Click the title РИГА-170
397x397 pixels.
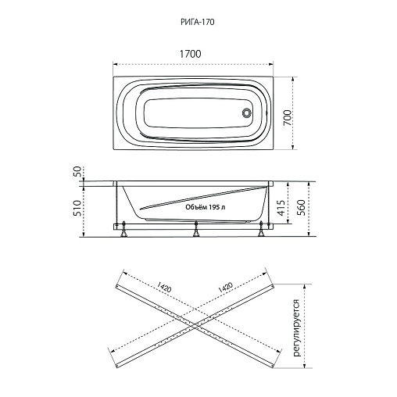[x=198, y=22]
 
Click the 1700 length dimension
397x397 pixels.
[x=191, y=54]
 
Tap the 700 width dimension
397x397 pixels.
[x=288, y=117]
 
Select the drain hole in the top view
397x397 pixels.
[x=246, y=113]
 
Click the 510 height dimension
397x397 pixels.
[x=77, y=208]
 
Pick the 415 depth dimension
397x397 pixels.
[x=281, y=208]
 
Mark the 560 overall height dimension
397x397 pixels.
[x=301, y=207]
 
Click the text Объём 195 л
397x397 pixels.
[x=206, y=207]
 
